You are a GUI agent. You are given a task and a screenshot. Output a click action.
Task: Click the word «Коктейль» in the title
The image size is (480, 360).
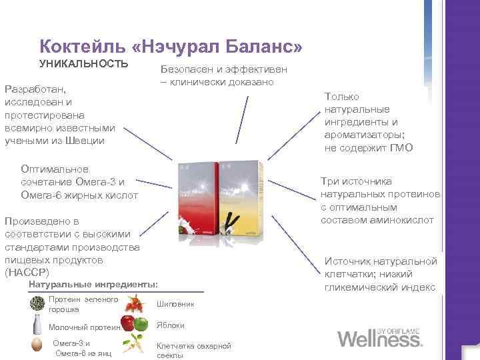(x=75, y=47)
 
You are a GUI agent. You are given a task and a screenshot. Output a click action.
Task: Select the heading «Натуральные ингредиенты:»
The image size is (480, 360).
(x=94, y=285)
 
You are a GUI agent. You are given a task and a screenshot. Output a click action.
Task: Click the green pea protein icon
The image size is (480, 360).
(x=37, y=304)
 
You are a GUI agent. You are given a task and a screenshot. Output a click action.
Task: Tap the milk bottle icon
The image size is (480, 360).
(x=37, y=326)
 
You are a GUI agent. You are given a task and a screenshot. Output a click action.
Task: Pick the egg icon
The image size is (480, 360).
(x=37, y=346)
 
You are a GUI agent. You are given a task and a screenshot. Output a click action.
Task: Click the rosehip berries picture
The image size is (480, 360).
(x=136, y=305)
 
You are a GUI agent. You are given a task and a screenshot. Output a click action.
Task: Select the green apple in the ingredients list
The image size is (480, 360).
(x=141, y=325)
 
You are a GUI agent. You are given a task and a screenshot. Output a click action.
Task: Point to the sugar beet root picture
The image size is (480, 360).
(x=137, y=346)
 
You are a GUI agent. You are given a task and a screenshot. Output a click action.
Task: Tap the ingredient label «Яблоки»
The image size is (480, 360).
(x=170, y=325)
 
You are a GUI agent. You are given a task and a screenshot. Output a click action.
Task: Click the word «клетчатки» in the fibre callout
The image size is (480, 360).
(x=349, y=274)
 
